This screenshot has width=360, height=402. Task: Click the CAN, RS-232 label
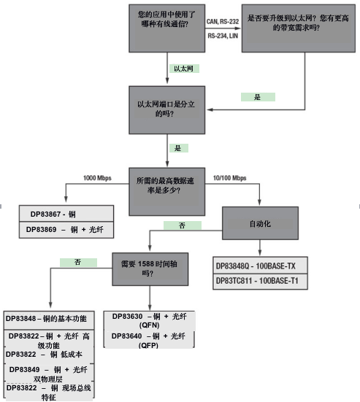[223, 23]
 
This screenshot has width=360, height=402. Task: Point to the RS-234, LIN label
[223, 34]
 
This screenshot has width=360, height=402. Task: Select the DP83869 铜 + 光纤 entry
[66, 229]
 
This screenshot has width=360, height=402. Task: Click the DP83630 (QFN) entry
[150, 320]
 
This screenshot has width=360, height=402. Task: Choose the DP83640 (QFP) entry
[150, 339]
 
